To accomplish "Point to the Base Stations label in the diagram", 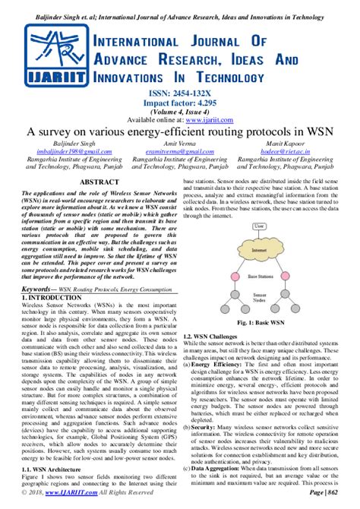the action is click(261, 277).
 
